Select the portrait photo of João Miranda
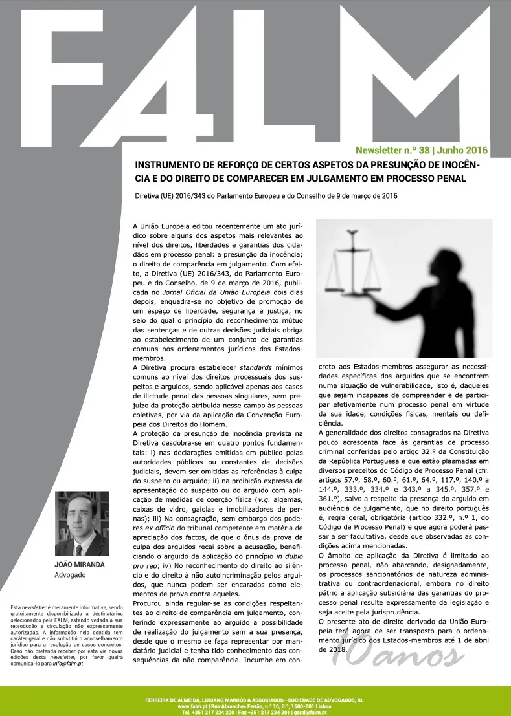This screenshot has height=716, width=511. click(82, 524)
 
